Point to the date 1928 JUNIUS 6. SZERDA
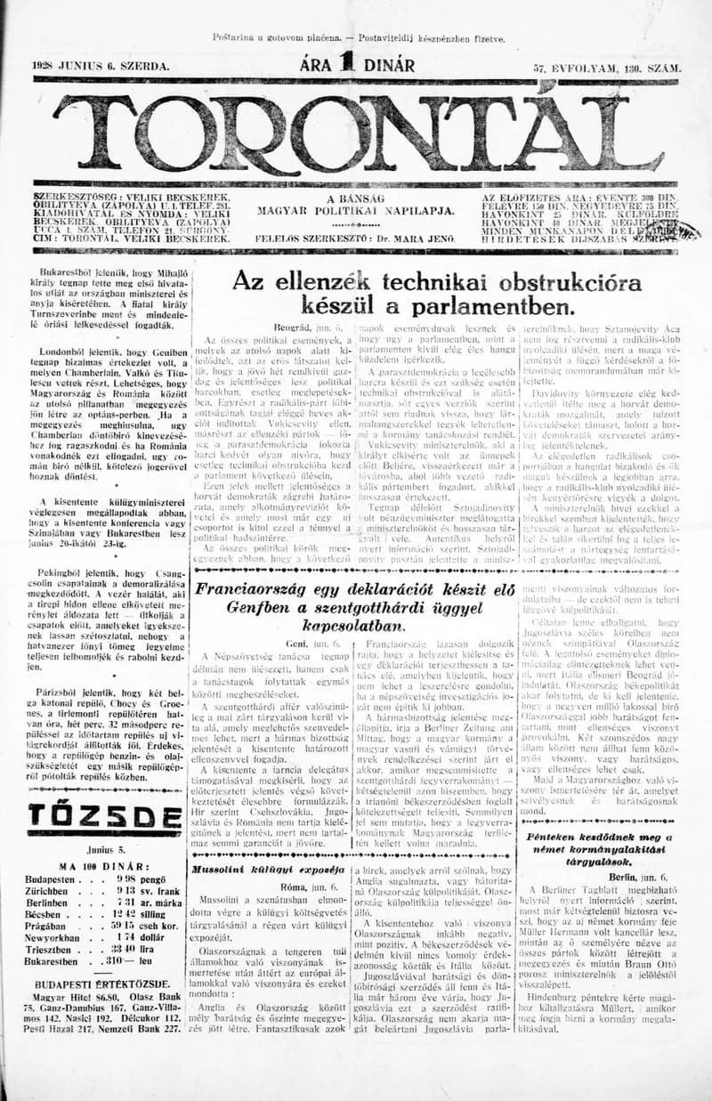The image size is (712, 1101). (x=100, y=67)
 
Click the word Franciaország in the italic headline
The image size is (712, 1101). (x=256, y=589)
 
